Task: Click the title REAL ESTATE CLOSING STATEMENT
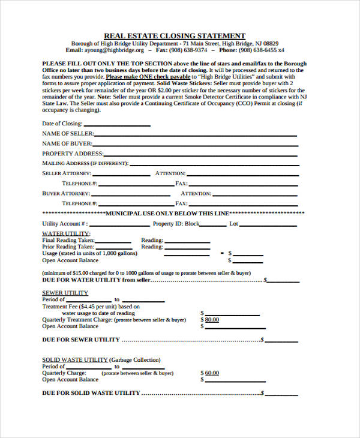175,36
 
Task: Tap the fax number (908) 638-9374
191,51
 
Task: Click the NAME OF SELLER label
67,134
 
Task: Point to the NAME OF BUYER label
67,144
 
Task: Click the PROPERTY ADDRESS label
73,154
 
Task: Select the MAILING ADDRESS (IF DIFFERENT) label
85,163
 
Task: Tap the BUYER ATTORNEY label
66,194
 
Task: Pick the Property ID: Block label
176,224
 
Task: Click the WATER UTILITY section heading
66,233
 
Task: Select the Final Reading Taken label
68,240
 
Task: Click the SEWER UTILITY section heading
65,293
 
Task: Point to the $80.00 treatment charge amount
211,320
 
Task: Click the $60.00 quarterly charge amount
211,373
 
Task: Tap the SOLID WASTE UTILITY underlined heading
74,360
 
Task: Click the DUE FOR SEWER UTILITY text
81,340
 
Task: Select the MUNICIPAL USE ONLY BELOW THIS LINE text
167,214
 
